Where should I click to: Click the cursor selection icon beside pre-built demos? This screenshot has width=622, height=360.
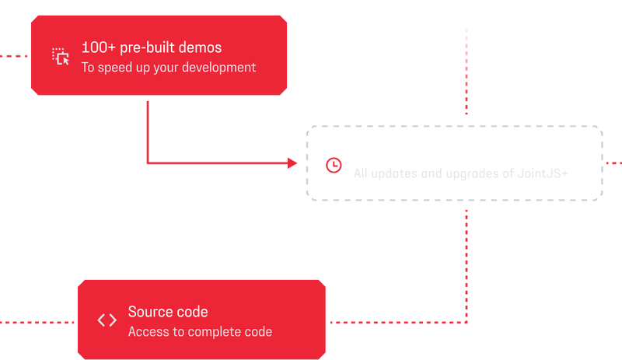[61, 57]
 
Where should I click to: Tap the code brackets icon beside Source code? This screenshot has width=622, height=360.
[107, 320]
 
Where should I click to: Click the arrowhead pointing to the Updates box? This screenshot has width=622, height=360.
[293, 163]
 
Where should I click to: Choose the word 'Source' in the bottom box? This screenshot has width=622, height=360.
[149, 312]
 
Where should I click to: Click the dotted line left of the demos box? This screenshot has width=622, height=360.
[14, 55]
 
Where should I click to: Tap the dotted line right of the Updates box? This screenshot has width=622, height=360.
[614, 163]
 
